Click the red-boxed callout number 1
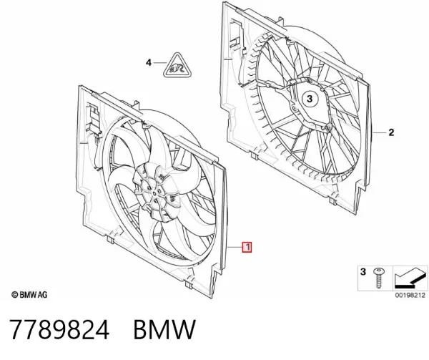click(x=247, y=247)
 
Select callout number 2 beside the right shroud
click(x=391, y=132)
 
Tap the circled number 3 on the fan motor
click(x=310, y=99)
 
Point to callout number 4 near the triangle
click(x=148, y=63)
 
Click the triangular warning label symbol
click(x=177, y=67)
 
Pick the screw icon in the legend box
click(x=379, y=278)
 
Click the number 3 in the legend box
click(x=363, y=272)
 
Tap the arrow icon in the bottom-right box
click(x=410, y=278)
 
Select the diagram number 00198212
click(x=410, y=295)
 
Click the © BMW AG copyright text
click(x=29, y=295)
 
